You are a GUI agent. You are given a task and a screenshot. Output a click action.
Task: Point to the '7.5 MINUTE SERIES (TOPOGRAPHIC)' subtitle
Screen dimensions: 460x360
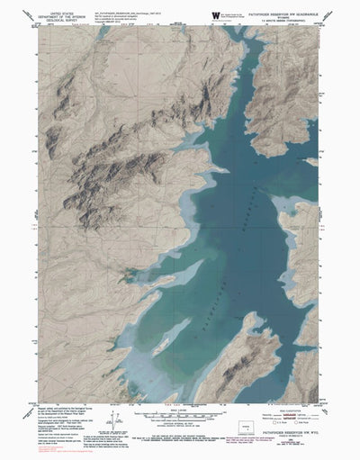point(286,19)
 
